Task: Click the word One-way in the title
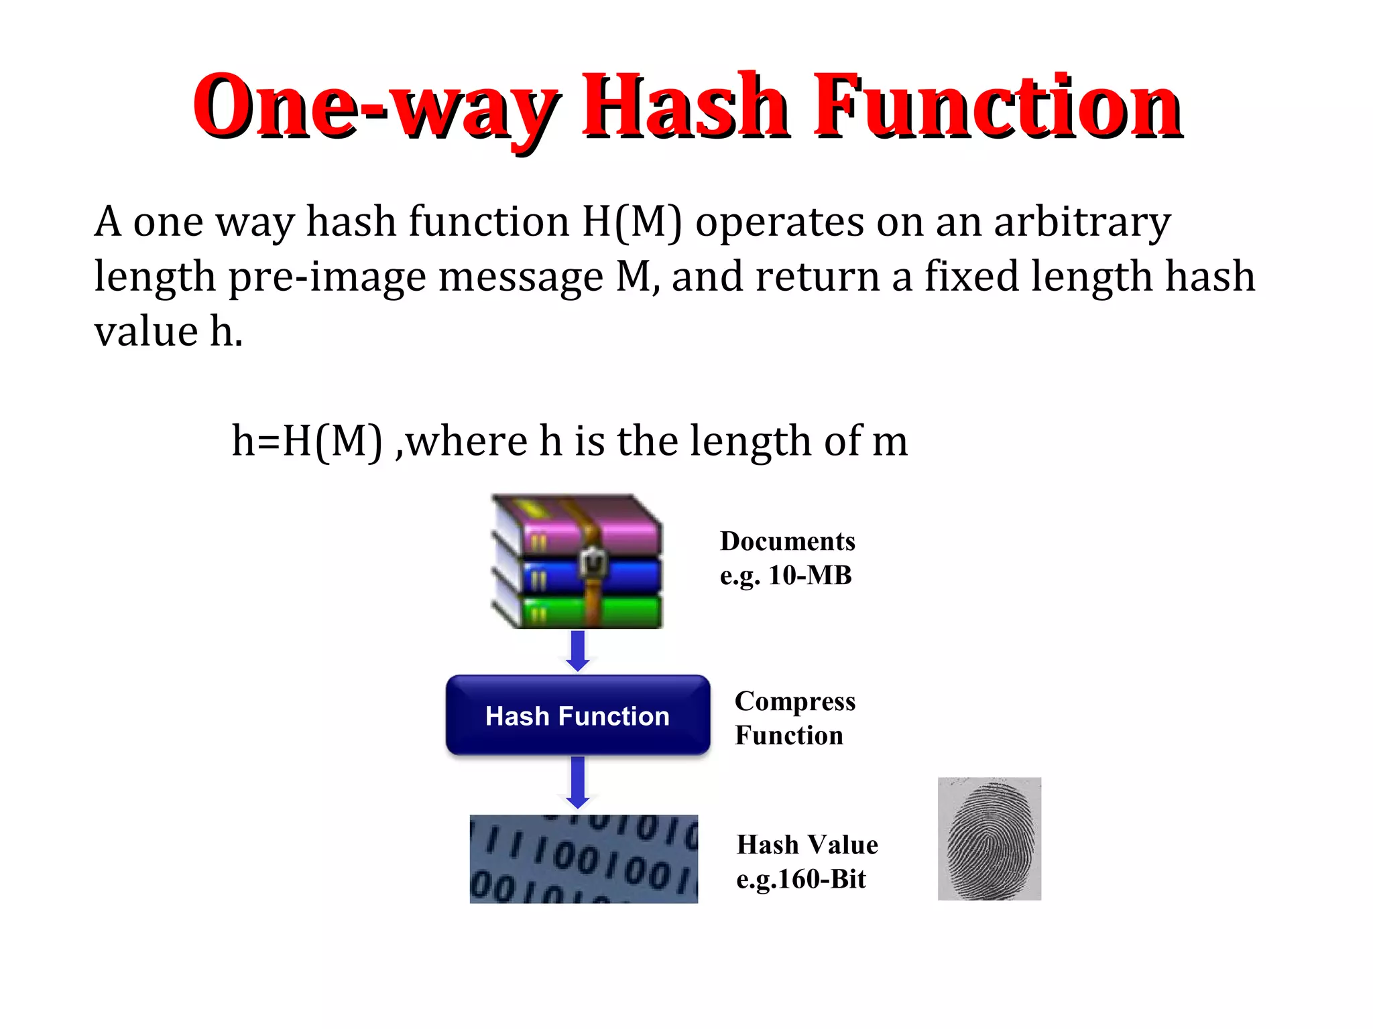pyautogui.click(x=375, y=107)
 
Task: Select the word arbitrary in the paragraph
pyautogui.click(x=1082, y=222)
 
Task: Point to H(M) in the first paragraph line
pyautogui.click(x=632, y=222)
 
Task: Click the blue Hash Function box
pyautogui.click(x=577, y=715)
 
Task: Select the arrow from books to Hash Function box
pyautogui.click(x=577, y=650)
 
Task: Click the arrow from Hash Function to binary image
pyautogui.click(x=577, y=782)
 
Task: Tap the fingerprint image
pyautogui.click(x=989, y=839)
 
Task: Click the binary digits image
pyautogui.click(x=583, y=859)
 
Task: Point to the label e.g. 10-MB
pyautogui.click(x=786, y=575)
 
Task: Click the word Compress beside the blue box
pyautogui.click(x=795, y=701)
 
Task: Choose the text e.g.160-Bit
pyautogui.click(x=801, y=879)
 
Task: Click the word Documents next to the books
pyautogui.click(x=788, y=541)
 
